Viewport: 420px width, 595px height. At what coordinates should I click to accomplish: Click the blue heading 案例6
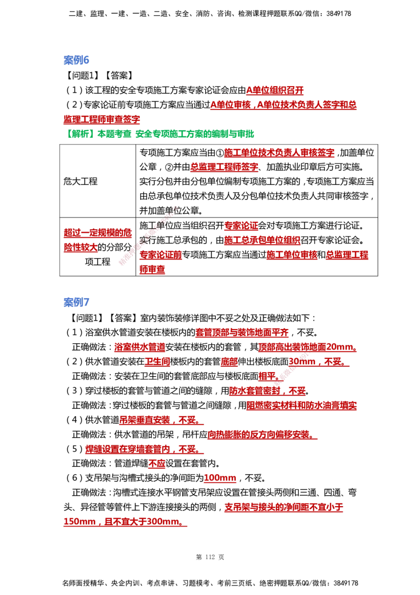(x=76, y=60)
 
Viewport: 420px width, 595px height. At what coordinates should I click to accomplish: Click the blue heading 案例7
(x=76, y=302)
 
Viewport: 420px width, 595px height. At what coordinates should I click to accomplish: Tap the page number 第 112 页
(x=210, y=557)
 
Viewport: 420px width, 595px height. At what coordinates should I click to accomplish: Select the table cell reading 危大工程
(x=80, y=181)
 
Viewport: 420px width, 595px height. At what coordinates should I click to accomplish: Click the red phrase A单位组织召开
(x=275, y=90)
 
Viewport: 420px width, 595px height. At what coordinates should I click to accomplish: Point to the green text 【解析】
(x=79, y=134)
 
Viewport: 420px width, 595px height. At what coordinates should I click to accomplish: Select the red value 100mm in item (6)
(x=220, y=478)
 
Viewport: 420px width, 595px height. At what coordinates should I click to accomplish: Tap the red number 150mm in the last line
(x=79, y=521)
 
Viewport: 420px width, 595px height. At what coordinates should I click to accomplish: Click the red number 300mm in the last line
(x=163, y=521)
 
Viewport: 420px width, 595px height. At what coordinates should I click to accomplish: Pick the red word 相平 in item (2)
(x=267, y=376)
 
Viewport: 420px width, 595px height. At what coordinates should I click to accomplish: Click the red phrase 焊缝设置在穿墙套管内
(x=128, y=449)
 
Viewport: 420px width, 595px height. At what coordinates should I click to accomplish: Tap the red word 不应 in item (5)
(x=157, y=463)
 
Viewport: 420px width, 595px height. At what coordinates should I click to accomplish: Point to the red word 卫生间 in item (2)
(x=157, y=362)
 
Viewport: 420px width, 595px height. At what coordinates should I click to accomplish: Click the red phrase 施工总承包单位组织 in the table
(x=262, y=240)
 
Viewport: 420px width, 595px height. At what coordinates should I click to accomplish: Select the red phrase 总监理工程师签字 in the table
(x=224, y=167)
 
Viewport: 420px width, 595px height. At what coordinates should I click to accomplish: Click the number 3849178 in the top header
(x=339, y=14)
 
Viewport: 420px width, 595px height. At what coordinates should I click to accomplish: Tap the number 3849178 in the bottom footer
(x=345, y=583)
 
